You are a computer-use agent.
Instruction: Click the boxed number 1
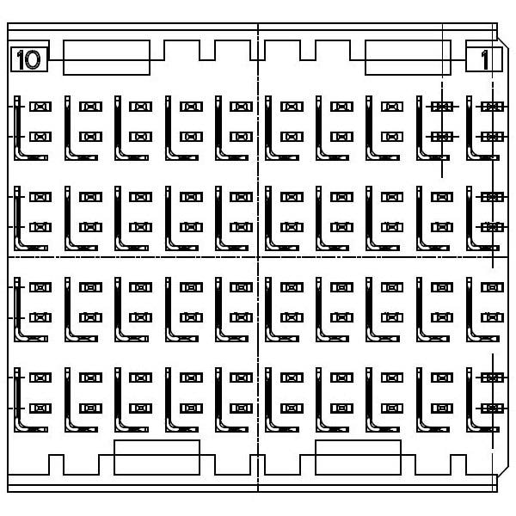pyautogui.click(x=485, y=59)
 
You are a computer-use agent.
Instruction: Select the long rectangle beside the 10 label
pyautogui.click(x=107, y=58)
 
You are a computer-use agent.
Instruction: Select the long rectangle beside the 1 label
pyautogui.click(x=408, y=58)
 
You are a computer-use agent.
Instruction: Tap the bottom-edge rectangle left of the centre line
pyautogui.click(x=157, y=458)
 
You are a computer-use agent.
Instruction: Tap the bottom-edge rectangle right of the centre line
pyautogui.click(x=358, y=458)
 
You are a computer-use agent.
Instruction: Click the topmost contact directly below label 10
pyautogui.click(x=40, y=107)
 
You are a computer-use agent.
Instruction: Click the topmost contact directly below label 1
pyautogui.click(x=491, y=107)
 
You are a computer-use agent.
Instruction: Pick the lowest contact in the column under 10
pyautogui.click(x=40, y=408)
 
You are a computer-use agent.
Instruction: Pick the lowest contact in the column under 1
pyautogui.click(x=491, y=408)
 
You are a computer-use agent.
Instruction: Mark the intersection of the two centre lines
pyautogui.click(x=259, y=257)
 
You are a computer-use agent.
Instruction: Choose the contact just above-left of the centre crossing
pyautogui.click(x=241, y=227)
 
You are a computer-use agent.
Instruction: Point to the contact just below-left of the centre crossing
pyautogui.click(x=241, y=286)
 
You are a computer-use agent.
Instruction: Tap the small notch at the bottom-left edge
pyautogui.click(x=56, y=464)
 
